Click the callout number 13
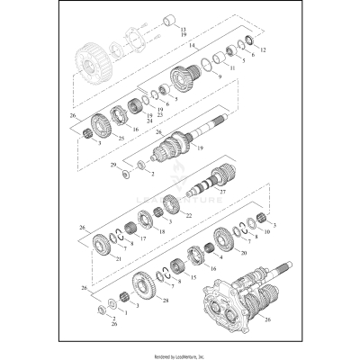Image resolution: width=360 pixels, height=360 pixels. click(184, 30)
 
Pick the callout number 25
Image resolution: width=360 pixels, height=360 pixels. click(121, 138)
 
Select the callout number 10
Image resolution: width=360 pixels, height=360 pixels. click(267, 243)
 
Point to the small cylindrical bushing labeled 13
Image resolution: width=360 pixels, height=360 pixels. click(167, 20)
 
